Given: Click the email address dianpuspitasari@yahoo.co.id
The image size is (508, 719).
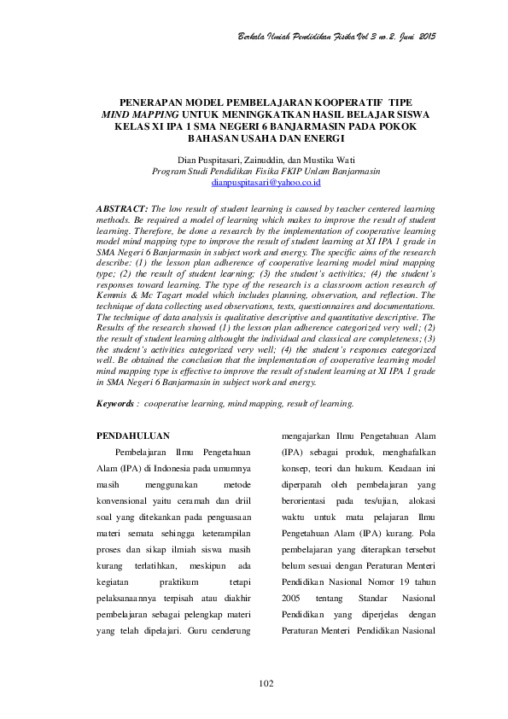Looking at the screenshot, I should tap(254, 183).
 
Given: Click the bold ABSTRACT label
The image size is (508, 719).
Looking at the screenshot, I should tap(124, 208).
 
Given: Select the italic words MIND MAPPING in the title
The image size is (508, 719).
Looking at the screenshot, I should tap(141, 114).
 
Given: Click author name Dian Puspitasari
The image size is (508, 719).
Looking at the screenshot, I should tap(208, 160).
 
